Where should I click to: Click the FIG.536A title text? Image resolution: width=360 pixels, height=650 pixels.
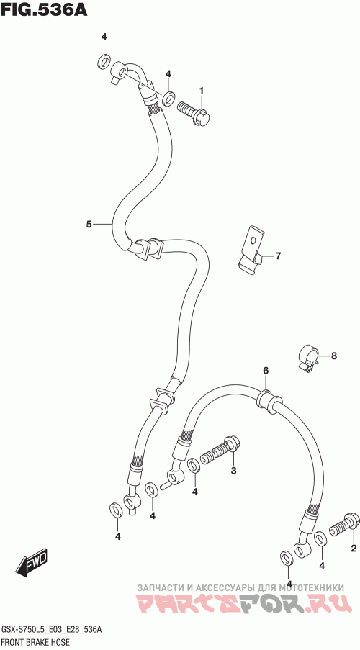pos(44,9)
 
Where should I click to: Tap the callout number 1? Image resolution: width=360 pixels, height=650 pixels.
pos(202,91)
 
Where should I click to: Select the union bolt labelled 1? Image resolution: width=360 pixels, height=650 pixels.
pos(194,112)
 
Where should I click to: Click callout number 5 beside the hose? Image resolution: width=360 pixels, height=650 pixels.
pos(89,225)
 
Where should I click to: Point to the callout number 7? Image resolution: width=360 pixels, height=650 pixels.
pos(278,256)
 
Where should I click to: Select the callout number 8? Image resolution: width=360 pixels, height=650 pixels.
pos(334,356)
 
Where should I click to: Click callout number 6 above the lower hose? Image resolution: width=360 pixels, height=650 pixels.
pos(266,370)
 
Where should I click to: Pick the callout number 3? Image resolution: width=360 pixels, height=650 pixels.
pos(233,471)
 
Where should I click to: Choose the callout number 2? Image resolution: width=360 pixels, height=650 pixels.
pos(354,549)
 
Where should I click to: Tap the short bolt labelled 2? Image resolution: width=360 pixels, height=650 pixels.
pos(344,525)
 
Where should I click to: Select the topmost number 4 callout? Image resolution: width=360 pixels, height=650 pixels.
pos(104,37)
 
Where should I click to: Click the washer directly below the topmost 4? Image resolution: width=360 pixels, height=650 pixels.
pos(103,61)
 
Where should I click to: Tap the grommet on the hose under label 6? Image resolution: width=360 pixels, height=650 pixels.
pos(269,400)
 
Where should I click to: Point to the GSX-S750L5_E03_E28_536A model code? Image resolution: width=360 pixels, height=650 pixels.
pos(51,631)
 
